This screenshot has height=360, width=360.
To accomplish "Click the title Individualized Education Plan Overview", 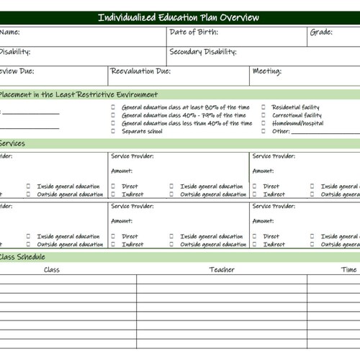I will tap(178, 18).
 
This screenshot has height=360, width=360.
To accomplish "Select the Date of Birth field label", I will tap(193, 32).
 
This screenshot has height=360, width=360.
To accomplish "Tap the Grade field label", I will tap(321, 32).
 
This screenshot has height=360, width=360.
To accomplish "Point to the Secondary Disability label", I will tap(203, 52).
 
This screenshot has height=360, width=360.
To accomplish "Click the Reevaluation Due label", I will tap(140, 71).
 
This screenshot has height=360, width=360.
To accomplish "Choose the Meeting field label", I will tap(267, 71).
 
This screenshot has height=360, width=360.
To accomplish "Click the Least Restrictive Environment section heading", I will tap(79, 94).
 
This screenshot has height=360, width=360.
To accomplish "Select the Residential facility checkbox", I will tap(264, 107).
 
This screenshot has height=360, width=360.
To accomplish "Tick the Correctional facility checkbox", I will tap(264, 115).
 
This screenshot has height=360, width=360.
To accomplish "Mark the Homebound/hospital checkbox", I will tap(264, 123).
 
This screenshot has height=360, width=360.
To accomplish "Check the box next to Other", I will tap(264, 131).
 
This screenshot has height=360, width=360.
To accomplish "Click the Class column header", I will tap(52, 270).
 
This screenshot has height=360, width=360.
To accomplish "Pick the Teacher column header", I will tap(222, 270).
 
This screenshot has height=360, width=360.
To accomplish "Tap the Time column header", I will tap(348, 270).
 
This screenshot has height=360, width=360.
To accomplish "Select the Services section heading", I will tap(12, 143).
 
